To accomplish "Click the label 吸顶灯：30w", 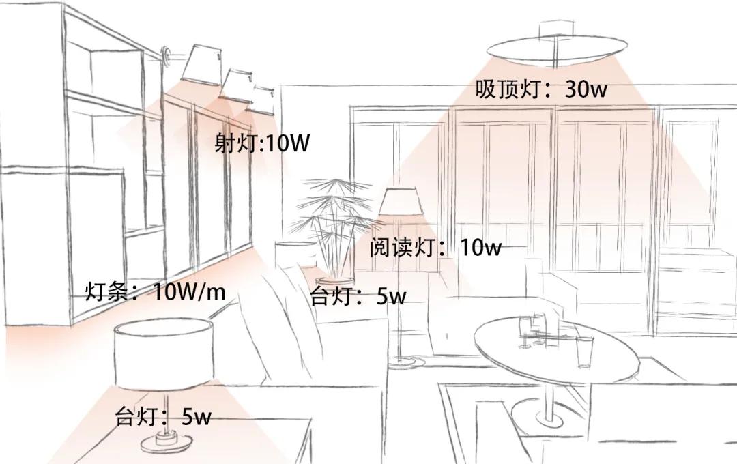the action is pos(540,89).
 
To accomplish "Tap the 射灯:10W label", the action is pos(261,143).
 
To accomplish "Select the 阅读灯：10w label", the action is pos(435,247).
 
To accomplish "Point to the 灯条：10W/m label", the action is pos(155,292).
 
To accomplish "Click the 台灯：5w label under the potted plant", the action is pos(358,296).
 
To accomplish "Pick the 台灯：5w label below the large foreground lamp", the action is pos(163,416).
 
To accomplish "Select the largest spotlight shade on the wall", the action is pos(200,63).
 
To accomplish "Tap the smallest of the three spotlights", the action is pos(263,95).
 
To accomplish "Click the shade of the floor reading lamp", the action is pos(401,203).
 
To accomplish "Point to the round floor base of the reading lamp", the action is pos(407,360).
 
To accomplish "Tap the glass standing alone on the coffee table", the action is pos(585,352).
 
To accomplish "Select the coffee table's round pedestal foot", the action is pos(546,413).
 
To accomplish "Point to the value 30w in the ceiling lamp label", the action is pos(586,89).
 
